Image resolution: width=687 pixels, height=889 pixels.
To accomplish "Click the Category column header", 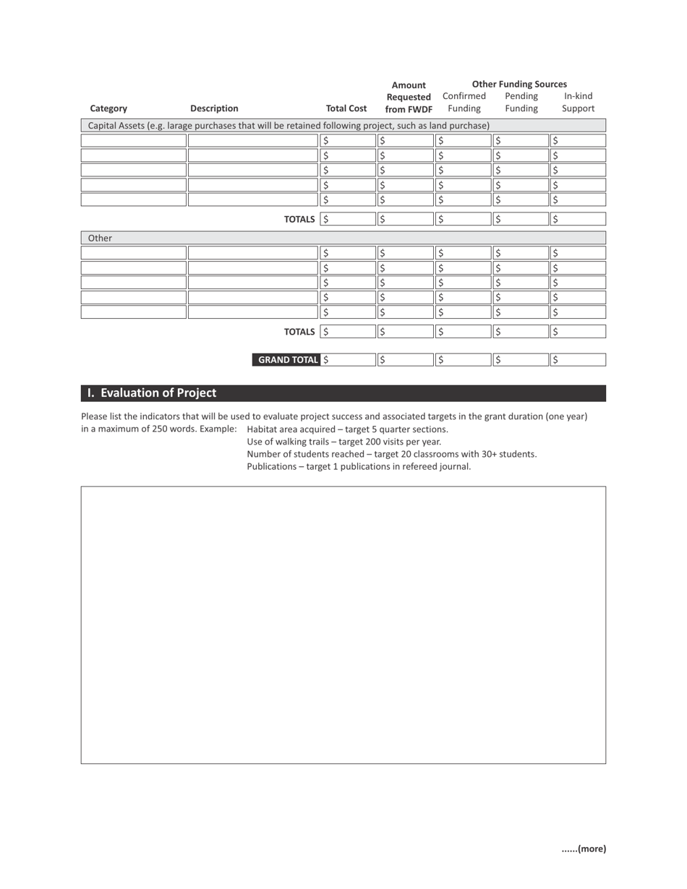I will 108,108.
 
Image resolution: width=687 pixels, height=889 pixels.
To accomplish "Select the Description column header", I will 214,108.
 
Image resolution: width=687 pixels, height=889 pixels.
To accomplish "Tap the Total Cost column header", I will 346,108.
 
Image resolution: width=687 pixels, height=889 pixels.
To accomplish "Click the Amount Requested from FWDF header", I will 409,98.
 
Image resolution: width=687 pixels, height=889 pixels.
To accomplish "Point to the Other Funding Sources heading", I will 519,84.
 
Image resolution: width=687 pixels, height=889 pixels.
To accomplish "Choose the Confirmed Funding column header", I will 464,102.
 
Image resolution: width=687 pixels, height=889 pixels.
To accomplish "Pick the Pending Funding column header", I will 521,102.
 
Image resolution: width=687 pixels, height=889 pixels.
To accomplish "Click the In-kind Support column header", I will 578,102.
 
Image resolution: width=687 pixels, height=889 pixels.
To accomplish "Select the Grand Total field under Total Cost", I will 346,360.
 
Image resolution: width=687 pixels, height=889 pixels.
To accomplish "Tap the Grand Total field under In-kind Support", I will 578,360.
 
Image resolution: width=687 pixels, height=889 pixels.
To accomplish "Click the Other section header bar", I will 343,238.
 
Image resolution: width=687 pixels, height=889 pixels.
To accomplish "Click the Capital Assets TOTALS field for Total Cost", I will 346,219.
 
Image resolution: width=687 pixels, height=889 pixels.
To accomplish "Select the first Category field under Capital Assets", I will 134,141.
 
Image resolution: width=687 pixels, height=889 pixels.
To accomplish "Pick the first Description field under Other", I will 252,253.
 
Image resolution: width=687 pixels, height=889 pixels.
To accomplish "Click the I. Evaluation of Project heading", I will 152,393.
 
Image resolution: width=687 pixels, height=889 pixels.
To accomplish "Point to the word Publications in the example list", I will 271,467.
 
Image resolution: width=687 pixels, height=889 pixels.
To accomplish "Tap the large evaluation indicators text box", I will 343,625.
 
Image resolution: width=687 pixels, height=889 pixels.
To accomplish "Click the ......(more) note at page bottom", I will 584,849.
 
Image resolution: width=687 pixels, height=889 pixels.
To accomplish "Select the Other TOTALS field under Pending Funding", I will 521,332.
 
